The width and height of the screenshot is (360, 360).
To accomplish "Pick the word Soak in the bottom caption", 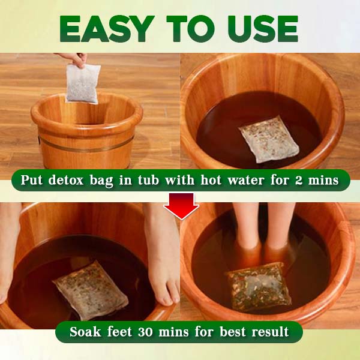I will (x=85, y=331).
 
